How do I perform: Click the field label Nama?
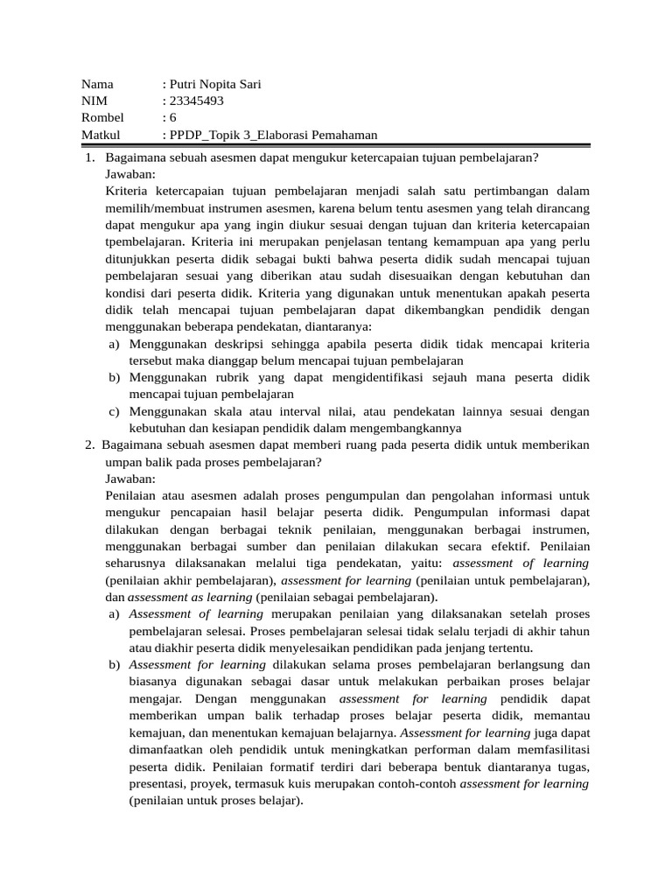(97, 85)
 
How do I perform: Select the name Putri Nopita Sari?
(214, 85)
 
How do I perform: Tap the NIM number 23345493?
(196, 101)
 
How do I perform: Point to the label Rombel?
(102, 118)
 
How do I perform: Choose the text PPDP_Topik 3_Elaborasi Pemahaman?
(274, 135)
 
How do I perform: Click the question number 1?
(89, 157)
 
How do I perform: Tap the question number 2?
(89, 445)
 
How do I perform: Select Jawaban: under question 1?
(130, 174)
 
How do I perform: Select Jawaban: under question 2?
(130, 479)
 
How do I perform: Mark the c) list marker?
(115, 411)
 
